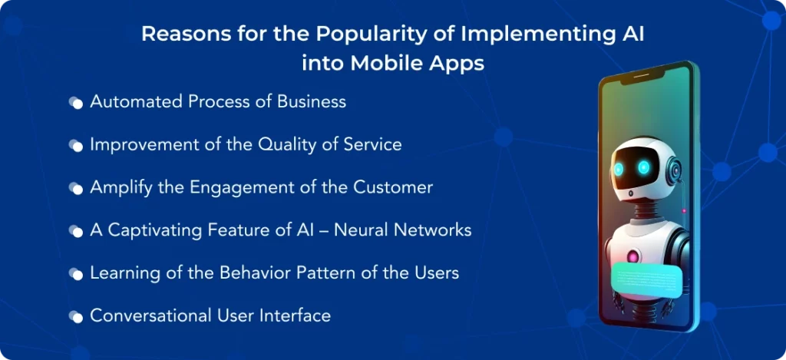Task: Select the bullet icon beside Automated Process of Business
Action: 76,103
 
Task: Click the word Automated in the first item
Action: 137,102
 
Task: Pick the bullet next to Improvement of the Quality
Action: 76,146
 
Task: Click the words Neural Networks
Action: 402,230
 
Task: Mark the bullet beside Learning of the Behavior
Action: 76,274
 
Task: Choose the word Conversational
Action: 151,316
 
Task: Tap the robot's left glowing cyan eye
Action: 619,169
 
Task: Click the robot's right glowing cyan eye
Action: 644,167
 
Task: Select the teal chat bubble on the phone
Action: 646,281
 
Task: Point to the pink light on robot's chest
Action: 632,256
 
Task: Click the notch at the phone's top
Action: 642,76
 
